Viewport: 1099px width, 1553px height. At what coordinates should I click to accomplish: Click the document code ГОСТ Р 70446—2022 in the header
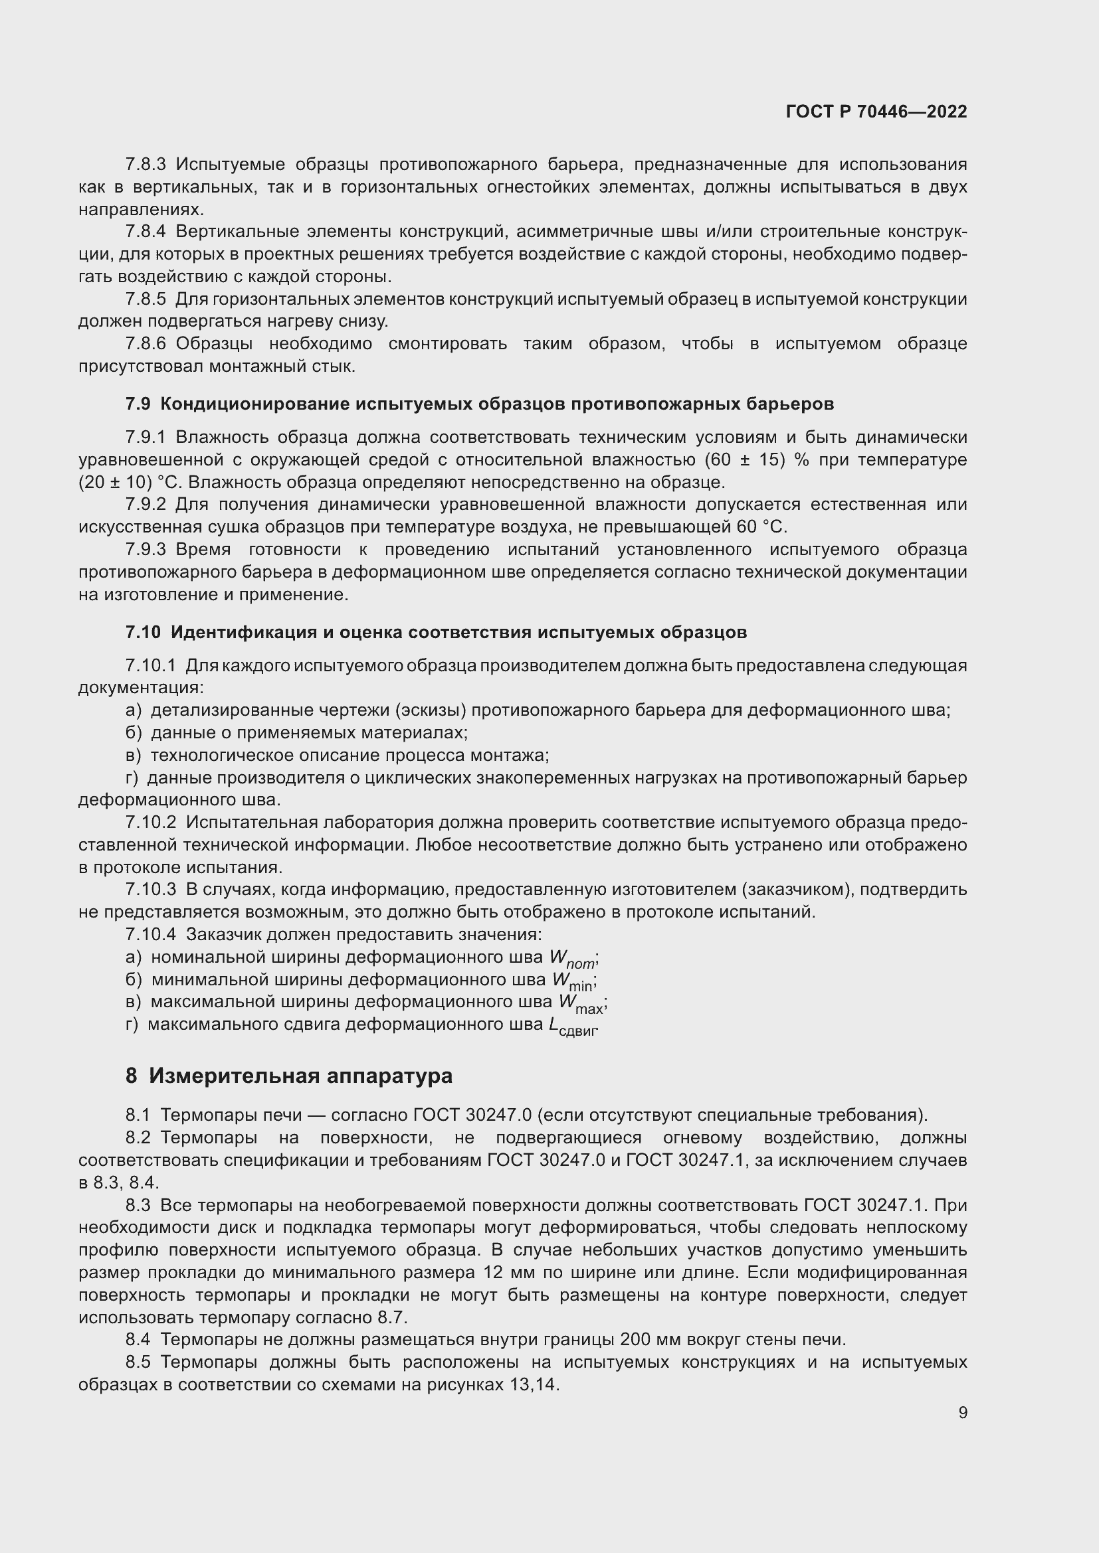point(876,112)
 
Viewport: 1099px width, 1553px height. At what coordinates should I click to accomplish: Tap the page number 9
point(962,1412)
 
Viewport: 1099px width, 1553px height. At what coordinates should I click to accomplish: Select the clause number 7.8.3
point(146,165)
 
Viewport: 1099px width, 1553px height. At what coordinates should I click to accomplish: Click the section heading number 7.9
point(139,404)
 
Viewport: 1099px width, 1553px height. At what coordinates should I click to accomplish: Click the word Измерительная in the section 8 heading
point(234,1076)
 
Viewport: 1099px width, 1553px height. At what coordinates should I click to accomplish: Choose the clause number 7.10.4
point(150,935)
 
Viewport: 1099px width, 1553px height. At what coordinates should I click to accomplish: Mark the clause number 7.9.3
point(146,549)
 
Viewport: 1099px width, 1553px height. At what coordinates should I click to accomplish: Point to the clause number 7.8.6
point(146,344)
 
